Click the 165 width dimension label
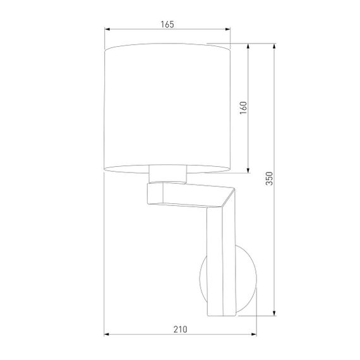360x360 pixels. tap(167, 24)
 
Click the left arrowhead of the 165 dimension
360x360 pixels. tap(106, 29)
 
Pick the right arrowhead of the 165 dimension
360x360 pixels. tap(228, 29)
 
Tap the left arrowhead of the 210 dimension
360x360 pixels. tap(106, 335)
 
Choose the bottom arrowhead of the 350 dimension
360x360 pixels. tap(274, 313)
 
